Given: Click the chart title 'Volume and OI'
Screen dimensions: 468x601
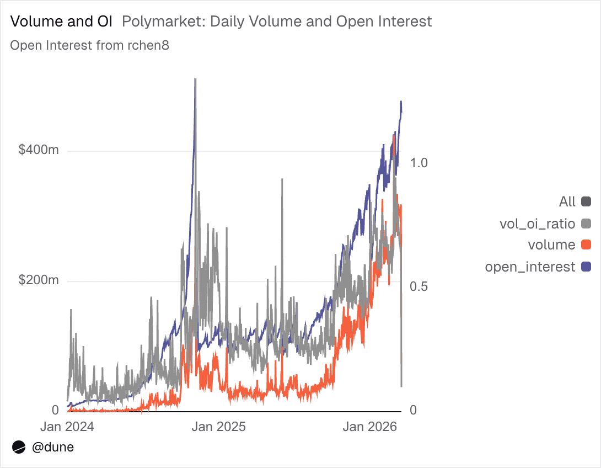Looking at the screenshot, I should (x=61, y=22).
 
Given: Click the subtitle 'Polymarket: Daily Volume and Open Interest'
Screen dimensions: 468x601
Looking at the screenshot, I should (x=276, y=22).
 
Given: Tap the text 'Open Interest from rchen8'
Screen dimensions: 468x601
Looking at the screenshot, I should (x=89, y=45).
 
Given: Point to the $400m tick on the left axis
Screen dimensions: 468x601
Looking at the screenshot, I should (x=39, y=151).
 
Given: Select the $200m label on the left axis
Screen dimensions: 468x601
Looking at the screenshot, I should (x=39, y=280).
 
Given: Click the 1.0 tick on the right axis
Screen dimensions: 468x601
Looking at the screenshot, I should (x=420, y=163).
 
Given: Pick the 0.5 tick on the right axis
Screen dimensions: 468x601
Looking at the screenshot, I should (x=420, y=286).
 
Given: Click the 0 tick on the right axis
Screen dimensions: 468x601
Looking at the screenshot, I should (x=414, y=411).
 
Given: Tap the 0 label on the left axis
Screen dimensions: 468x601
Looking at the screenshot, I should (x=55, y=411).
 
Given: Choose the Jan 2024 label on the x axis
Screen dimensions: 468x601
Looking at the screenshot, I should (x=67, y=427).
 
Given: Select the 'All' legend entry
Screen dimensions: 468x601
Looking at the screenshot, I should (x=567, y=201).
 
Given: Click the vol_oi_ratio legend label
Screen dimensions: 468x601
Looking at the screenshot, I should (x=537, y=224).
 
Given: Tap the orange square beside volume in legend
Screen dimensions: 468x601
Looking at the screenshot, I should (x=586, y=245).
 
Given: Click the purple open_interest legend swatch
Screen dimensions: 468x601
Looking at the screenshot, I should (x=586, y=267).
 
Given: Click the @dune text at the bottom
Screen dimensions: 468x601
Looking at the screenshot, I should (x=53, y=447).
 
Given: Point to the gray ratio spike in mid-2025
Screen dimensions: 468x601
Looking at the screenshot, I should (x=282, y=180).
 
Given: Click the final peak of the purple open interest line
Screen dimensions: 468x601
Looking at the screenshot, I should (x=401, y=102).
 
